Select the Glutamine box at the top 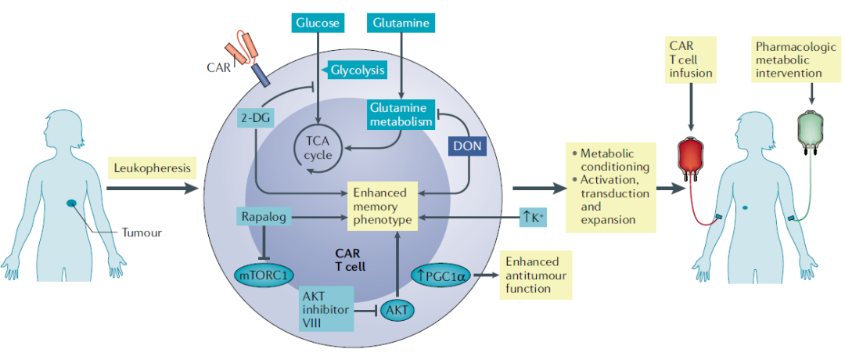coord(401,23)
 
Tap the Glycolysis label coord(356,70)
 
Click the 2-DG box coord(255,117)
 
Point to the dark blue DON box coord(468,145)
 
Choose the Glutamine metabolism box coord(401,114)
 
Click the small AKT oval coord(397,310)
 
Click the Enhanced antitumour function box coord(535,275)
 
